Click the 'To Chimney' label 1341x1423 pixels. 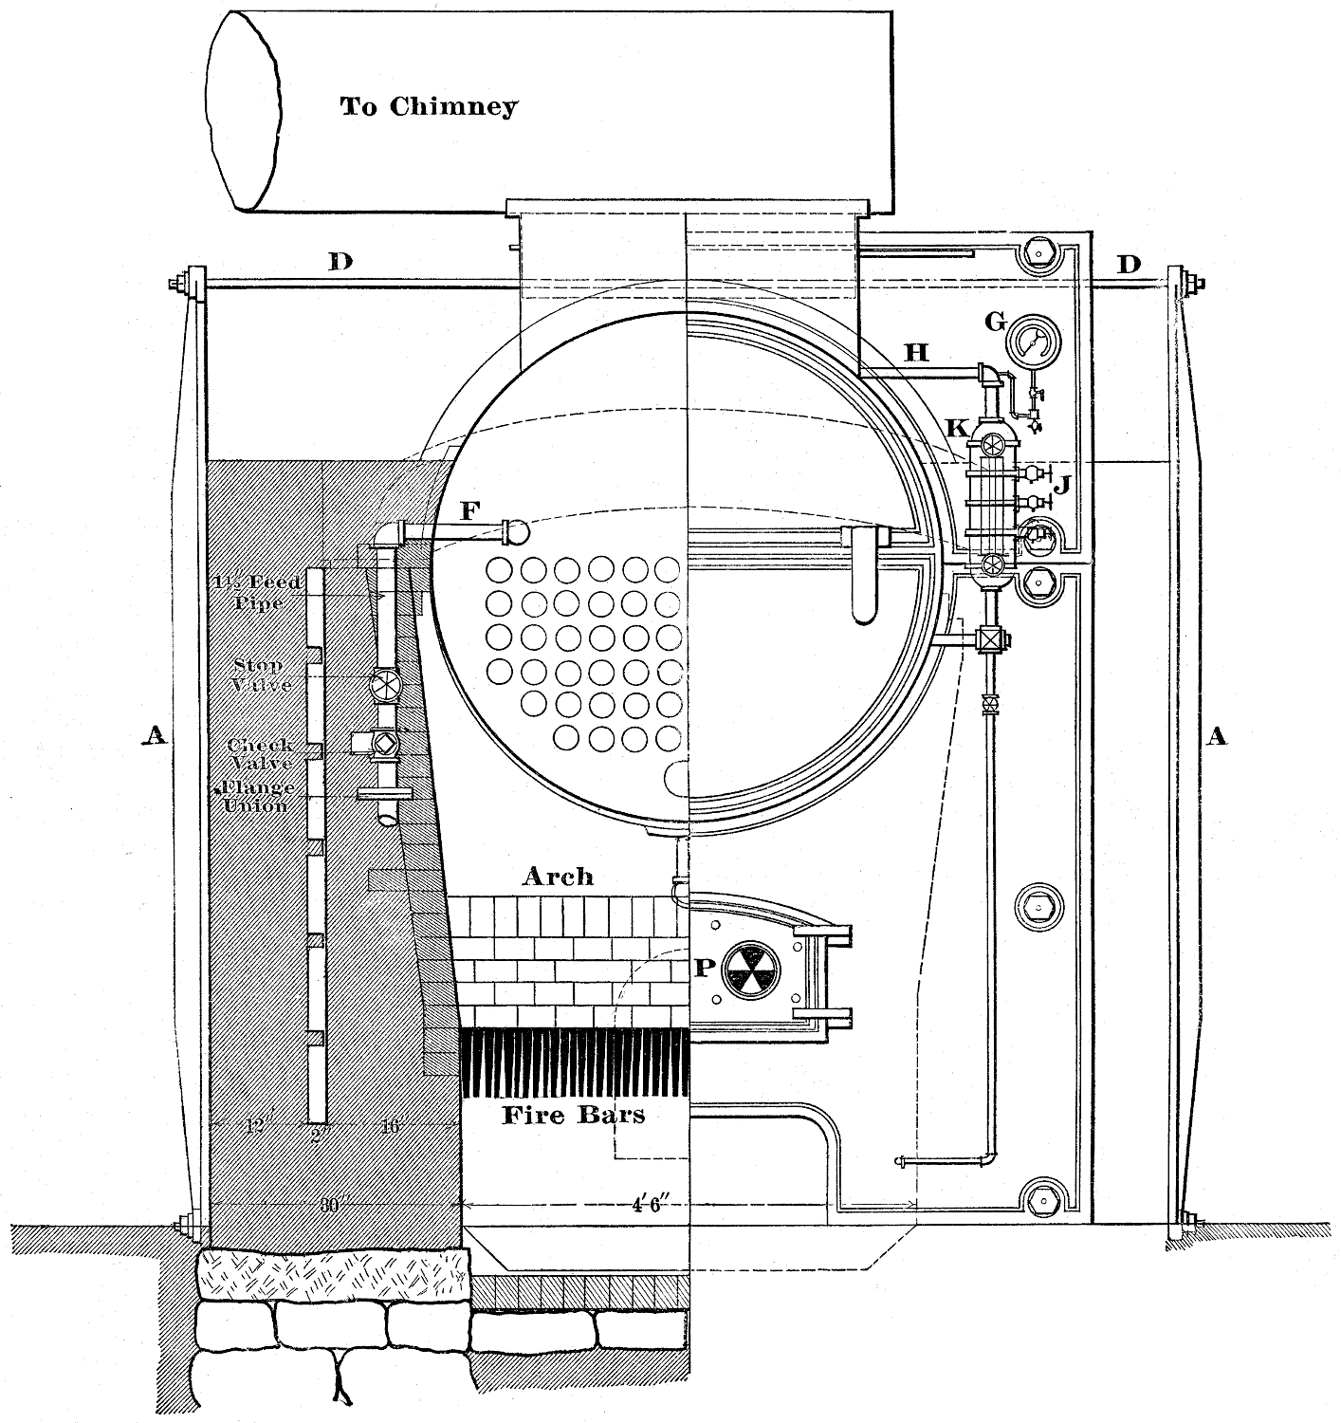(429, 106)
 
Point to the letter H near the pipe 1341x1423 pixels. (916, 353)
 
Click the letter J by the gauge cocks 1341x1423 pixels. (1064, 487)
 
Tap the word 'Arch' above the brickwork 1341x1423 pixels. (558, 877)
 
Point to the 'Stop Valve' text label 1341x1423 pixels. (262, 675)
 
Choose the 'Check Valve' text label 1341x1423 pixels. (260, 754)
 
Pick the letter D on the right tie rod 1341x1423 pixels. (1129, 265)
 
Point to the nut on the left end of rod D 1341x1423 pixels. (176, 284)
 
